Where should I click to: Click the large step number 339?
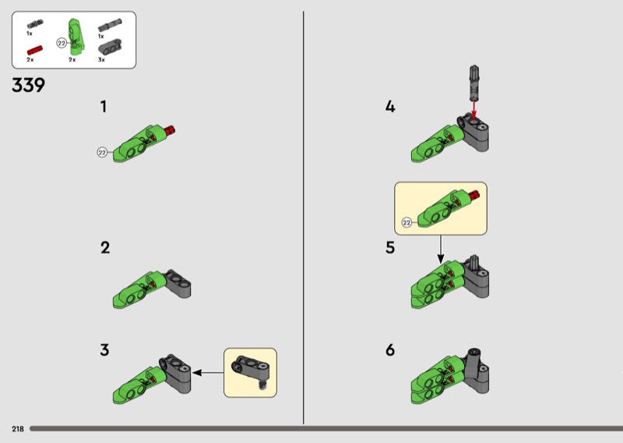[x=29, y=85]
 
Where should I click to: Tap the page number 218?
[x=18, y=429]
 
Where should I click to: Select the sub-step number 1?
[x=104, y=107]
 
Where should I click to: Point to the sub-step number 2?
[x=105, y=247]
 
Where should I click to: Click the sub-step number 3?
[x=104, y=350]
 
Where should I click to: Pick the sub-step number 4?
[x=390, y=107]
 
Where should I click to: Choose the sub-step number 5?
[x=390, y=247]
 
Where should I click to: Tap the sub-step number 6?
[x=390, y=350]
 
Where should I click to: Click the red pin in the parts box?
[x=34, y=51]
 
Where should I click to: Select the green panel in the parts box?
[x=76, y=37]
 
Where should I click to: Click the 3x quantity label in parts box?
[x=101, y=60]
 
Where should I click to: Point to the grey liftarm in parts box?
[x=109, y=47]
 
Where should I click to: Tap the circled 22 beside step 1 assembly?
[x=102, y=152]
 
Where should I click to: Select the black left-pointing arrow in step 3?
[x=208, y=373]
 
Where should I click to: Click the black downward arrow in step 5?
[x=440, y=249]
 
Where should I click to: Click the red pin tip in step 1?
[x=171, y=129]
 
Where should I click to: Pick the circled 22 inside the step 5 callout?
[x=407, y=222]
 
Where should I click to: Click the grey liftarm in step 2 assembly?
[x=178, y=283]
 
